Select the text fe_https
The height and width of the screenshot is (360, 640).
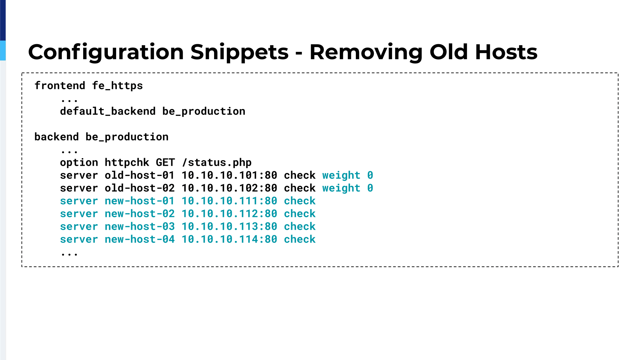coord(117,86)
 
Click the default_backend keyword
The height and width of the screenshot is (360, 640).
coord(108,111)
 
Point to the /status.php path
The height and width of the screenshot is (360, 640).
coord(217,163)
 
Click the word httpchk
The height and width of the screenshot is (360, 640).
coord(127,163)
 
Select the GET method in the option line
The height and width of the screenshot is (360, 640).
coord(165,163)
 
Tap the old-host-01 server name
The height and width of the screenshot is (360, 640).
coord(140,175)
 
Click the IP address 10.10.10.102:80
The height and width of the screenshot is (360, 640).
coord(229,188)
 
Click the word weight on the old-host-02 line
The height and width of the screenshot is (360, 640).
coord(341,188)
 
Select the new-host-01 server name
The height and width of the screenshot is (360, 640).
coord(140,201)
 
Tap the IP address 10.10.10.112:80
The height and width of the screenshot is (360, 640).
coord(229,214)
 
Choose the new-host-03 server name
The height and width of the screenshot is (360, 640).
coord(140,227)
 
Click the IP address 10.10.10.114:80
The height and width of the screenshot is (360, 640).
coord(229,239)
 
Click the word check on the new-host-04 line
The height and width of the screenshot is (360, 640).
coord(300,239)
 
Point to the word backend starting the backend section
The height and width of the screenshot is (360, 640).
coord(57,137)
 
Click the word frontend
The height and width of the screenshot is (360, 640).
coord(60,86)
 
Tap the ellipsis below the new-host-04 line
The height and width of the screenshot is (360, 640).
coord(69,255)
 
